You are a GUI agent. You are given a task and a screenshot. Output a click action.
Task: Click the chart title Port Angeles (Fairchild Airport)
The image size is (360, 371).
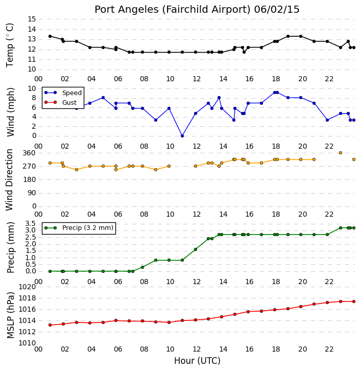pyautogui.click(x=173, y=10)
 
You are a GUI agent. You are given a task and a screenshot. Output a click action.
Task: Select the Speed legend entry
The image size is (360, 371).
pyautogui.click(x=63, y=93)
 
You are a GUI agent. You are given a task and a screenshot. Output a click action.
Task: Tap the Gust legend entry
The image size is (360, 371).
pyautogui.click(x=61, y=102)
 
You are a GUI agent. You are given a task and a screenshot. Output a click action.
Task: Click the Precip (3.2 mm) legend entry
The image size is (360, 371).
pyautogui.click(x=79, y=228)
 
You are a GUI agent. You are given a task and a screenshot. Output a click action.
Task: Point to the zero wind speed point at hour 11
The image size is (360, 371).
pyautogui.click(x=182, y=136)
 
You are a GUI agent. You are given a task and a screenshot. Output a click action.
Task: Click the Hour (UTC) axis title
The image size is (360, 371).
pyautogui.click(x=197, y=361)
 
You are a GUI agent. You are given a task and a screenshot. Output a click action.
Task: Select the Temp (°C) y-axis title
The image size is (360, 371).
pyautogui.click(x=10, y=45)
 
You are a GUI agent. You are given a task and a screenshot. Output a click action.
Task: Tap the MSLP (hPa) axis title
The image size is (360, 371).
pyautogui.click(x=11, y=315)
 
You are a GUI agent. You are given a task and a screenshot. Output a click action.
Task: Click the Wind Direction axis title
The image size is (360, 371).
pyautogui.click(x=10, y=180)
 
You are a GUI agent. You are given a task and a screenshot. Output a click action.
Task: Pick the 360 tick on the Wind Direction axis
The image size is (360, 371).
pyautogui.click(x=29, y=153)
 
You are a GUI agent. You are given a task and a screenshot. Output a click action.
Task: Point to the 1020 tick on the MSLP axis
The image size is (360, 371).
pyautogui.click(x=27, y=287)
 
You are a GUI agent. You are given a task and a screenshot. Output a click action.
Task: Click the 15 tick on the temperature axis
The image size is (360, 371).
pyautogui.click(x=32, y=19)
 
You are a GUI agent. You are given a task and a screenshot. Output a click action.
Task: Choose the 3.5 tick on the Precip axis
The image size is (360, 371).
pyautogui.click(x=30, y=224)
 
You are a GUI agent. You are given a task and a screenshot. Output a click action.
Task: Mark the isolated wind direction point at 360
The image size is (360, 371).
pyautogui.click(x=341, y=153)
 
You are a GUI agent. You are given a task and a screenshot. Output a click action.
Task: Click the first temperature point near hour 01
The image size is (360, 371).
pyautogui.click(x=50, y=36)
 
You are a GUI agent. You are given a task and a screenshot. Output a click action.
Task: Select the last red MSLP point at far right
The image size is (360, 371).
pyautogui.click(x=354, y=302)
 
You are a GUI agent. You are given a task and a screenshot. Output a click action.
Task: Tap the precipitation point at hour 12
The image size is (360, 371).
pyautogui.click(x=196, y=249)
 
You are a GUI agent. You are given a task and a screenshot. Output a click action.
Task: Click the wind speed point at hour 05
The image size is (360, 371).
pyautogui.click(x=103, y=98)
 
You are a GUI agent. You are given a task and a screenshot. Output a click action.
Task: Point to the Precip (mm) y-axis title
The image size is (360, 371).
pyautogui.click(x=11, y=247)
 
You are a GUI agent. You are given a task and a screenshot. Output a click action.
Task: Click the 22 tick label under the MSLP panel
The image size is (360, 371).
pyautogui.click(x=329, y=350)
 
